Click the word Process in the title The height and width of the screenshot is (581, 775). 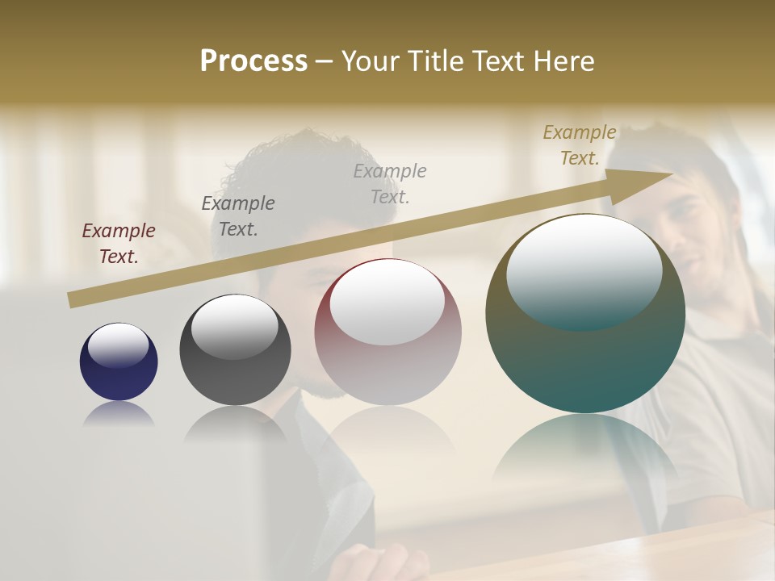click(x=253, y=61)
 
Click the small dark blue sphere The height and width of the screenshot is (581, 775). click(x=119, y=371)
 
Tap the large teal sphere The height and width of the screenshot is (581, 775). click(x=585, y=355)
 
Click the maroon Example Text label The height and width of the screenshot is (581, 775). click(x=119, y=244)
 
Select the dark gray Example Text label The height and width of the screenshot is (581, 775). click(x=238, y=216)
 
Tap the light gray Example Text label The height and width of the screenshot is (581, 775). click(x=390, y=183)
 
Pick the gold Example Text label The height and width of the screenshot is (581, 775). click(x=580, y=145)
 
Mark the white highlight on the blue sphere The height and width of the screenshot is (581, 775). click(x=119, y=345)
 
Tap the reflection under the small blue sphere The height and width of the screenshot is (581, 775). click(x=119, y=413)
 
